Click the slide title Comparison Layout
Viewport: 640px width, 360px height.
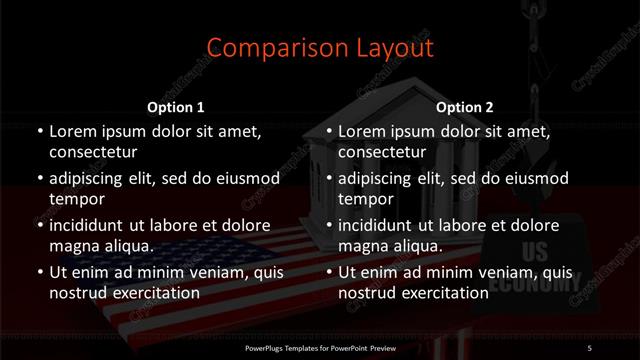click(x=320, y=48)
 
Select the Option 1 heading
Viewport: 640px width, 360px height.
click(x=176, y=107)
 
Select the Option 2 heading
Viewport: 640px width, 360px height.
click(x=465, y=107)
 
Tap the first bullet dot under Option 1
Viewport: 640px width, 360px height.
click(x=37, y=131)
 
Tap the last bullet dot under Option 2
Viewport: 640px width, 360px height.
click(x=327, y=272)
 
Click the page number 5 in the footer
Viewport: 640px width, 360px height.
click(x=589, y=347)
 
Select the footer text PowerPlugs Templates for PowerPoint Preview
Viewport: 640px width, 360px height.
click(x=320, y=347)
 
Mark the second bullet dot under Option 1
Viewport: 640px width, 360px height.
click(x=37, y=178)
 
